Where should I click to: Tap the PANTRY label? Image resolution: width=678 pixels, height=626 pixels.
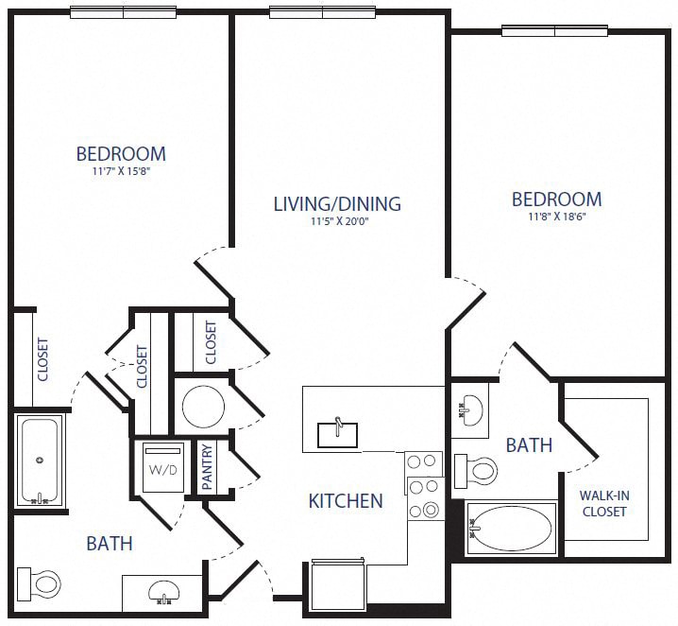coord(207,466)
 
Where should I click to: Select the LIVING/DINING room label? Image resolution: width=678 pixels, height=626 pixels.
coord(337,203)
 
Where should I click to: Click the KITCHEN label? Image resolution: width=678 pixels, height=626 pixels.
coord(346,500)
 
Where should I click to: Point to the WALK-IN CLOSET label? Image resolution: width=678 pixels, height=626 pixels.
coord(603,502)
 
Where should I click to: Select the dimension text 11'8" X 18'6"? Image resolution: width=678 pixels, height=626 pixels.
coord(556,217)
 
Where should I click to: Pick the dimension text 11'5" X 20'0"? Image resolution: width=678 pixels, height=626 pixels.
coord(337,221)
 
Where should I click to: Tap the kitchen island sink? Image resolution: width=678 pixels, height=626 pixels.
coord(337,433)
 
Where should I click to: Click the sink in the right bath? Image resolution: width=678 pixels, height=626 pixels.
coord(469,409)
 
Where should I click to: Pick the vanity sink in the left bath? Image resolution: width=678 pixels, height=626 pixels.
coord(162,592)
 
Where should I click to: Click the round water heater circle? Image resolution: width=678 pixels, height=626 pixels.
coord(202,407)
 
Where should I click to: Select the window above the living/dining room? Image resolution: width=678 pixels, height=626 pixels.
coord(323,12)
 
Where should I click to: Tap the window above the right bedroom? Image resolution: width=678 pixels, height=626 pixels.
coord(554,30)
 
